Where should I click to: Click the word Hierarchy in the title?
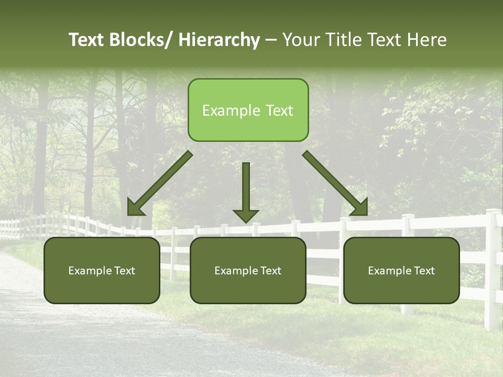tap(219, 40)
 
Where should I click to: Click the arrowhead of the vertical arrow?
tap(246, 216)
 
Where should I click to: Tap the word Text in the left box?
tap(125, 271)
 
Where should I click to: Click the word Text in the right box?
tap(425, 271)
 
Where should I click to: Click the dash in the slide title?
tap(271, 40)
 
